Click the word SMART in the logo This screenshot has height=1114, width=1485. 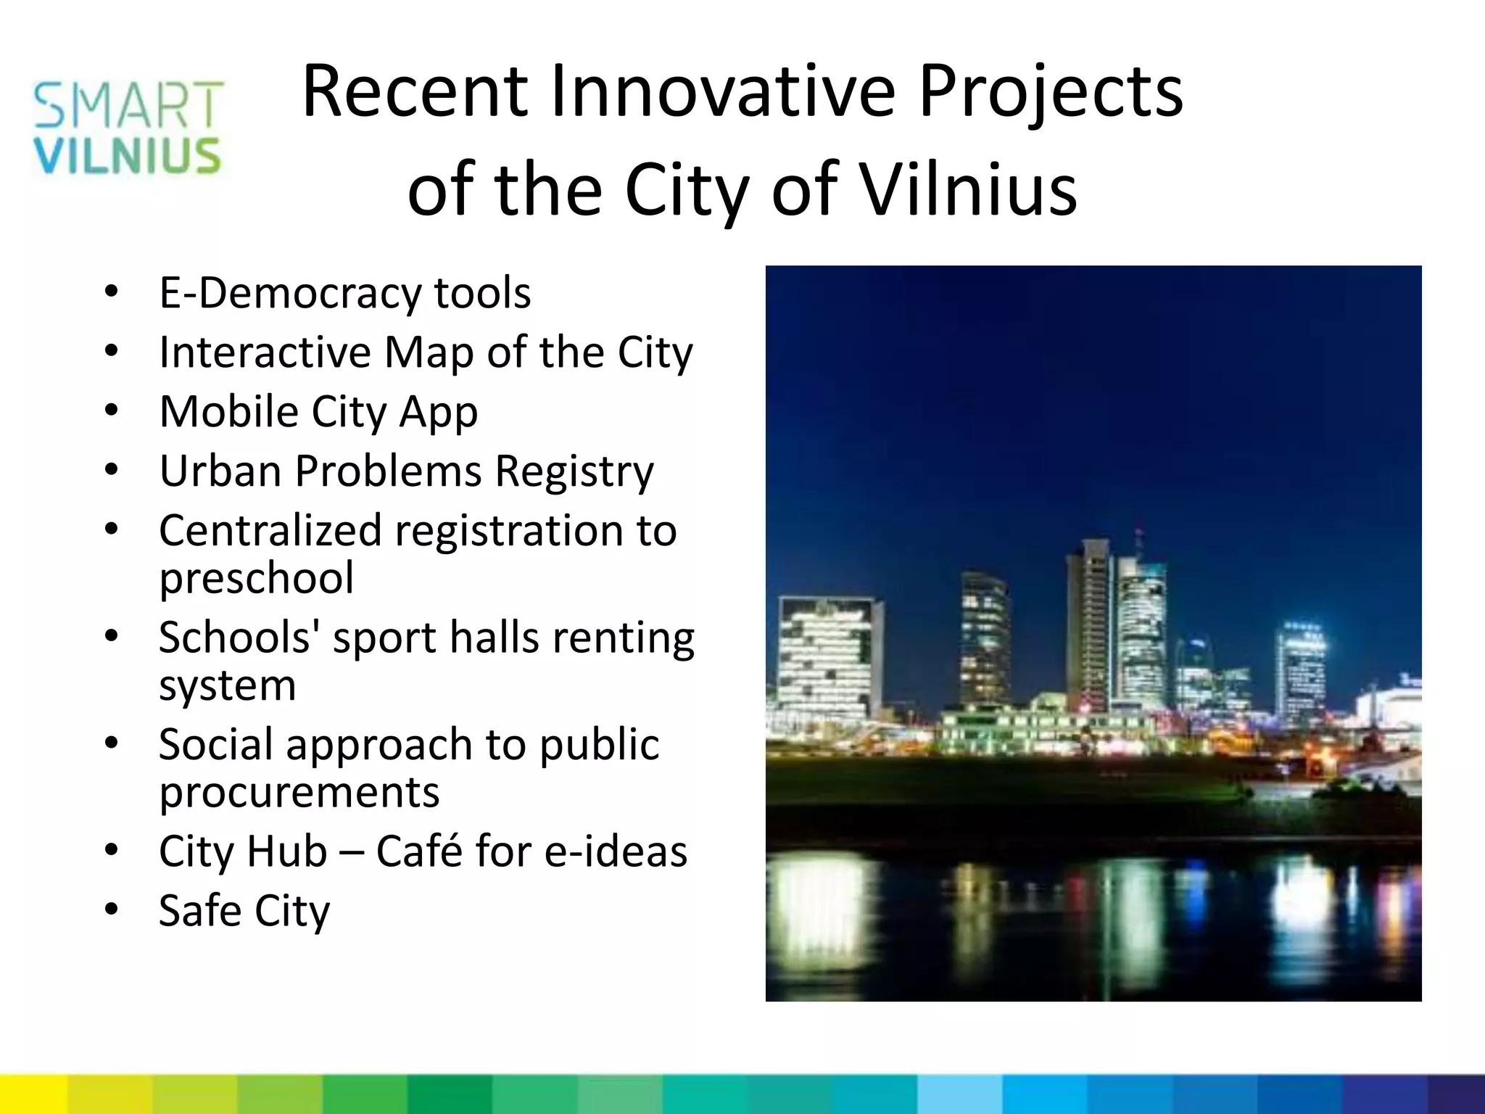coord(128,104)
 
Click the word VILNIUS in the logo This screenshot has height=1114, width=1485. coord(127,156)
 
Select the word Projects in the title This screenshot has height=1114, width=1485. coord(1051,93)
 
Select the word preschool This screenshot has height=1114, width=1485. coord(257,578)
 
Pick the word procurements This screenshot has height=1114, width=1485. coord(299,792)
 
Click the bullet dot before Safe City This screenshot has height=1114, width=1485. coord(111,909)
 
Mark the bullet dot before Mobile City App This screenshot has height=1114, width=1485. coord(111,411)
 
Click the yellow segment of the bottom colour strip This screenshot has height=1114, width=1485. coord(33,1094)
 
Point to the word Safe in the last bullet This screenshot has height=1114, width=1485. coord(200,910)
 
